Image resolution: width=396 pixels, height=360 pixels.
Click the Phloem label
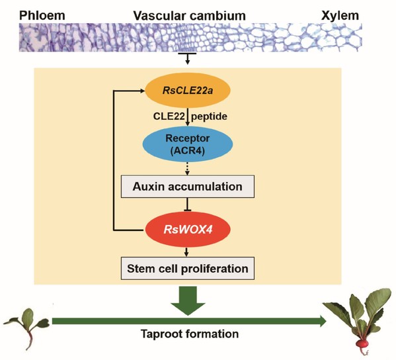click(42, 15)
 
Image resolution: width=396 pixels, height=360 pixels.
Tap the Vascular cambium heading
click(190, 16)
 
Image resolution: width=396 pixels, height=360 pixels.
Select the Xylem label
click(340, 16)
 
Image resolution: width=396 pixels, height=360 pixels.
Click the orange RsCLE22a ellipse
click(187, 90)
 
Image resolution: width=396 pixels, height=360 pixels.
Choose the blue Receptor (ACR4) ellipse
click(187, 144)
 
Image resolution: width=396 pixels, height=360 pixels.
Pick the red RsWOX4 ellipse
click(188, 230)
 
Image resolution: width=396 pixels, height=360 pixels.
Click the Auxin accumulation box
click(188, 187)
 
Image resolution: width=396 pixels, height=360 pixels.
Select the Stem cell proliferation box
click(188, 269)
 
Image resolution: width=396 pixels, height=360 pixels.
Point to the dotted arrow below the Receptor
click(187, 169)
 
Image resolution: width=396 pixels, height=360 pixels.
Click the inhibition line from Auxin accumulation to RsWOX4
click(187, 204)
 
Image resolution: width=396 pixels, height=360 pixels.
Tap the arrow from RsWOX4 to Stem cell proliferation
click(186, 252)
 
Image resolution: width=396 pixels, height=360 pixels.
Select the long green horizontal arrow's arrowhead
click(323, 322)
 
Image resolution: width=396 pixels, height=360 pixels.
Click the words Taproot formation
click(190, 334)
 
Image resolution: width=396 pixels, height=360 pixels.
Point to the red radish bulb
click(362, 344)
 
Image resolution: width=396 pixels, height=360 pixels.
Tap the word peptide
click(209, 116)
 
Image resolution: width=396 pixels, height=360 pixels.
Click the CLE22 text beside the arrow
click(169, 116)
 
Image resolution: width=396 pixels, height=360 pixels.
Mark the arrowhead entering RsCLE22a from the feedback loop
click(142, 91)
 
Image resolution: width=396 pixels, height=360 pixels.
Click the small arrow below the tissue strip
click(187, 59)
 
